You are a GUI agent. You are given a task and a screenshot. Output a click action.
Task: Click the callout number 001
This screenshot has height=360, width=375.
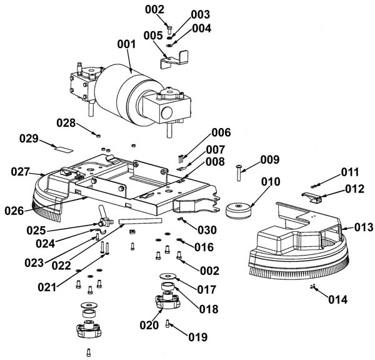pos(126,44)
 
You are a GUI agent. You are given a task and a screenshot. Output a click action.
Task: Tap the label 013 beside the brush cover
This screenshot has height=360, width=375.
pos(364,227)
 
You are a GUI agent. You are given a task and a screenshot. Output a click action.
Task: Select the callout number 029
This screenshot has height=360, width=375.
pos(29,139)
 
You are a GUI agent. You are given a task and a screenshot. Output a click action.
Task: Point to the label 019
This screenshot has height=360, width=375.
pos(198,337)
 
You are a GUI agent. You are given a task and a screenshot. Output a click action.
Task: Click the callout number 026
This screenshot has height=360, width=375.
pos(14,211)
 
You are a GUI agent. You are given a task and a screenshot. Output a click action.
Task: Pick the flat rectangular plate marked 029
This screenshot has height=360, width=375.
pos(64,149)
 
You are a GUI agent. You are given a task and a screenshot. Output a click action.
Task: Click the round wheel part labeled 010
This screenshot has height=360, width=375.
pos(239,211)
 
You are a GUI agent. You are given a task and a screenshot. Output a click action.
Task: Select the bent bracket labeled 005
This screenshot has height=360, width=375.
pos(174,59)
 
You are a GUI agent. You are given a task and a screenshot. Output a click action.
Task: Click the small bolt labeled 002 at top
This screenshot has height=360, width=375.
pos(169,29)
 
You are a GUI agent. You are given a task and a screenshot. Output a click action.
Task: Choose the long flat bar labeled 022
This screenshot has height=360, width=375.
pos(141,221)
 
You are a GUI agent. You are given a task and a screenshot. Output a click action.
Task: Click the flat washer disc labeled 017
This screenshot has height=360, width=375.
pos(168,276)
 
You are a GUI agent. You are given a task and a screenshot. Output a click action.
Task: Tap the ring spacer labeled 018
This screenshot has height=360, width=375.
pos(167,286)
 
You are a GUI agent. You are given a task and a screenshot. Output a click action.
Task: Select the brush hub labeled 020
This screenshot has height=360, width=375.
pos(167,301)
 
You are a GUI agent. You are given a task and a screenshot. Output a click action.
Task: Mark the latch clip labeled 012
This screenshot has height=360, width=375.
pos(311,197)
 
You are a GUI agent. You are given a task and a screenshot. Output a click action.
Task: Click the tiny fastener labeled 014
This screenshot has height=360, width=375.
pos(312,286)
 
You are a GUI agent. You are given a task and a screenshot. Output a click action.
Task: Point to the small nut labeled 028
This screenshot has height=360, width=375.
pos(98,136)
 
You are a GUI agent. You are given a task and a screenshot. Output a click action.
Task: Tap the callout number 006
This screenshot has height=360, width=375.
pos(221,132)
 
